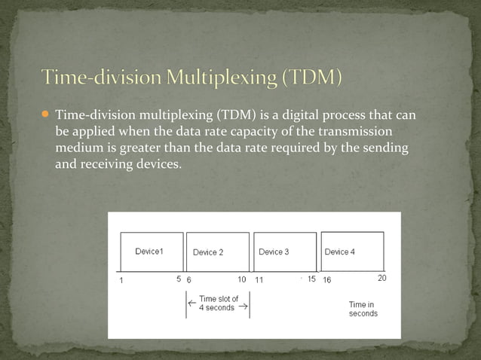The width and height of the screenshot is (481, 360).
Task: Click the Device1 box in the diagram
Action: coord(152,252)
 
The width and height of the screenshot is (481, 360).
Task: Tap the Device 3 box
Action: coord(284,252)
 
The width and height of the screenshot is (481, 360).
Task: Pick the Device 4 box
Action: coord(352,252)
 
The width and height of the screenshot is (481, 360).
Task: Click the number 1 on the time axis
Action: coord(121,279)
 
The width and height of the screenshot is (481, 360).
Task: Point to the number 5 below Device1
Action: coord(179,279)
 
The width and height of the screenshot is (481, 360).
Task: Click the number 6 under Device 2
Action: coord(189,279)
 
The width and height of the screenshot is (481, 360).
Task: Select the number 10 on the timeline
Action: coord(242,279)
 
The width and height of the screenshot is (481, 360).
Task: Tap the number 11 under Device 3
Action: coord(259,279)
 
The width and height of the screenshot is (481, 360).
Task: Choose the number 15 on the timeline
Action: coord(311,279)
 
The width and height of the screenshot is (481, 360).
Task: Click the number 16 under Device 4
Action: coord(327,279)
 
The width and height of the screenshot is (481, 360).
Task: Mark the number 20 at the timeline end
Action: coord(381,278)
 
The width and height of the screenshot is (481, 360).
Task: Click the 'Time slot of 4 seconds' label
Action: coord(218,304)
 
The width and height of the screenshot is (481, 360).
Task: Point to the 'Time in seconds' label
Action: coord(363,309)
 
